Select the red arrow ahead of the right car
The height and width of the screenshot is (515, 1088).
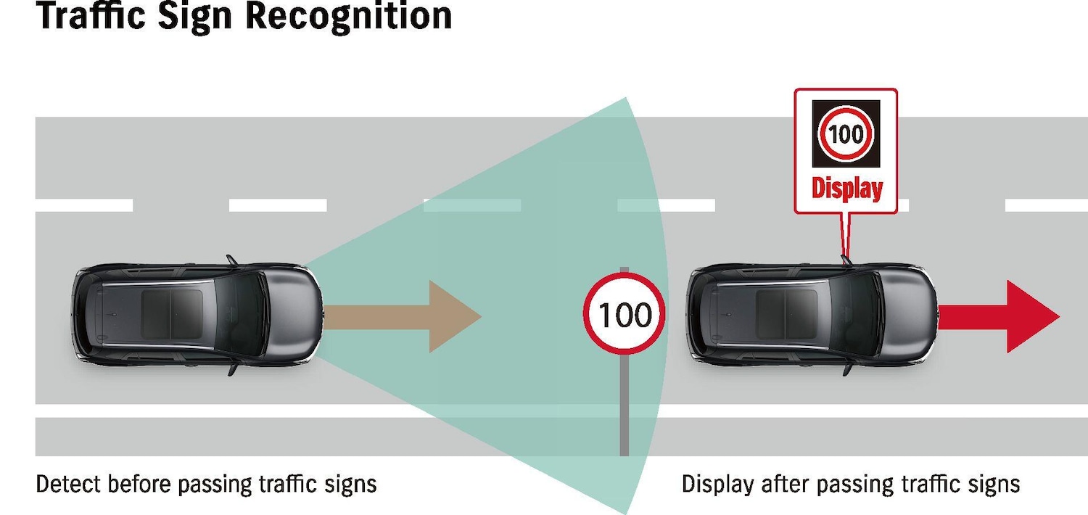pos(1001,317)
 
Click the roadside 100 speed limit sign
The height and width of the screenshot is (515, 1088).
pos(624,314)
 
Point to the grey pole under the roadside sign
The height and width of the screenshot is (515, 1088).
pos(624,406)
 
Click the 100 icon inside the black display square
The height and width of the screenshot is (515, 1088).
pos(846,134)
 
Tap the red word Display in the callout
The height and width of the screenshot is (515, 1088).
pos(846,189)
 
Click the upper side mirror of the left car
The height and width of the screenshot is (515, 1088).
pos(231,259)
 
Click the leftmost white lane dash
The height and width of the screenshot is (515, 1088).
pos(84,206)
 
